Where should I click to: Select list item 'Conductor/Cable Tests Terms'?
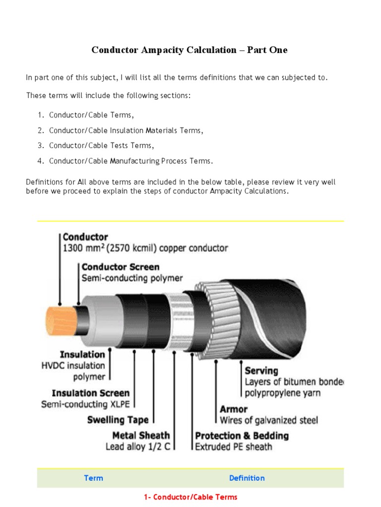(101, 146)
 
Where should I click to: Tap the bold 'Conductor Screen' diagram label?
(121, 267)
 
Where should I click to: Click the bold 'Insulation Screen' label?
(90, 393)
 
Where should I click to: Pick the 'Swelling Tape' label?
(118, 420)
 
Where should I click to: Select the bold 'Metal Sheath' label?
(141, 436)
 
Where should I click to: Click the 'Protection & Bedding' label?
(242, 436)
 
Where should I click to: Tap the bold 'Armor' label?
(234, 409)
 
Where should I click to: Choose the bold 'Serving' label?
(261, 370)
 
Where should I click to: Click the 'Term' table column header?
(94, 478)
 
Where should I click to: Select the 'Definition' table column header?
(247, 478)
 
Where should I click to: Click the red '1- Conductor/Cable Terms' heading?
(190, 497)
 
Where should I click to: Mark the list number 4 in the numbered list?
(40, 161)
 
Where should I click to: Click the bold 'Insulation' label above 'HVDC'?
(82, 355)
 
